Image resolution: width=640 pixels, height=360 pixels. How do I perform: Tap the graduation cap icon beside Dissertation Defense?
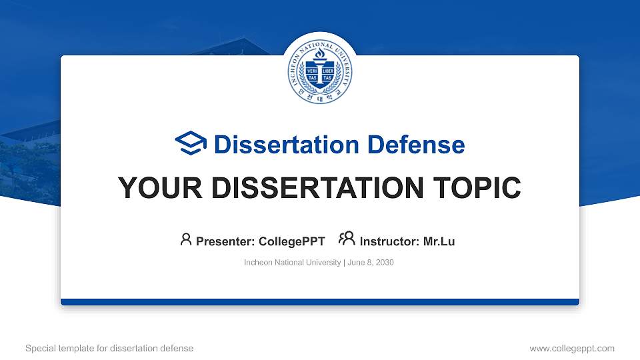[191, 144]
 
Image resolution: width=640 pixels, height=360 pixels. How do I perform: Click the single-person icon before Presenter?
[186, 239]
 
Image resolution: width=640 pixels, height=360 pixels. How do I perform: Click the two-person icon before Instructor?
[347, 239]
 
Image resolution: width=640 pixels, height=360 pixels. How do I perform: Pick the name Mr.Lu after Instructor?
[439, 241]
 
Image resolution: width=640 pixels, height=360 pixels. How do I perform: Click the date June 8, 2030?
[371, 263]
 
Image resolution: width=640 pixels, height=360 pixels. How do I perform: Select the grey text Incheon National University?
[293, 263]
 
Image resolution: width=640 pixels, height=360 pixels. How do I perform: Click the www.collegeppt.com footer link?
[571, 348]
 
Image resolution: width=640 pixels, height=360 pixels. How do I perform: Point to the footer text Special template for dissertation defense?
[109, 348]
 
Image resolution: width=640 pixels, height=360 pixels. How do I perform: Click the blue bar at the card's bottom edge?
[320, 302]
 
